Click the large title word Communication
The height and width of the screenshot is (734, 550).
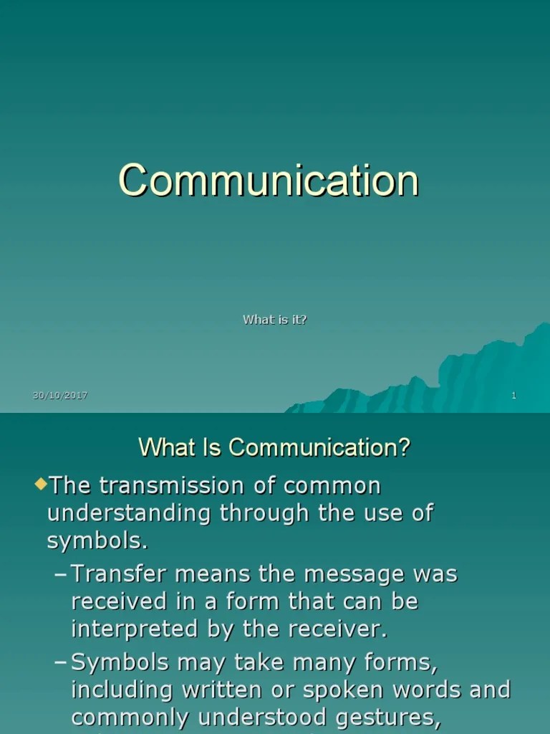pos(269,180)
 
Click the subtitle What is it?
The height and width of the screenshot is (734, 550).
pos(275,320)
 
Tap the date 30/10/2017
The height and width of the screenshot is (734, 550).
pos(60,396)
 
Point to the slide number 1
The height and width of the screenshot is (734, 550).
pos(513,396)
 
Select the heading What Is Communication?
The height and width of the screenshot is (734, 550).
pos(274,448)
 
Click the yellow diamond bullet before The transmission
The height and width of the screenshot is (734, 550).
pos(40,484)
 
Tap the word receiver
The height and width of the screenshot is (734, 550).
pos(336,629)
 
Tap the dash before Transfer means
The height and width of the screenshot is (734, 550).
pos(62,574)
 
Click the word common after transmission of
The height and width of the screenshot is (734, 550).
pos(332,486)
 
